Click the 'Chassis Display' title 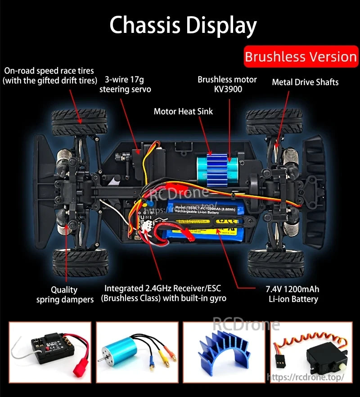183,26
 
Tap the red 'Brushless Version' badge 301,57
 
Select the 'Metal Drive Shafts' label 305,82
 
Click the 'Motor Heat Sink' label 183,111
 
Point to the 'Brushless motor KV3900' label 227,84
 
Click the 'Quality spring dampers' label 65,294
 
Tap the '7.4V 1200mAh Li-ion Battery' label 293,294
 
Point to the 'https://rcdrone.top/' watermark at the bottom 306,377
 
